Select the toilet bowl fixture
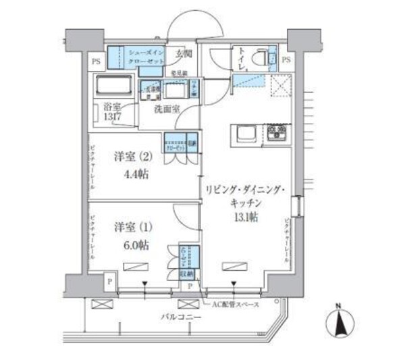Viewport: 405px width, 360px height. click(257, 59)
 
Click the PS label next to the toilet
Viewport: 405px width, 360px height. click(286, 59)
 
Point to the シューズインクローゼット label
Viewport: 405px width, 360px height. click(145, 56)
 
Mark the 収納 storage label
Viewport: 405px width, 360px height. click(186, 274)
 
